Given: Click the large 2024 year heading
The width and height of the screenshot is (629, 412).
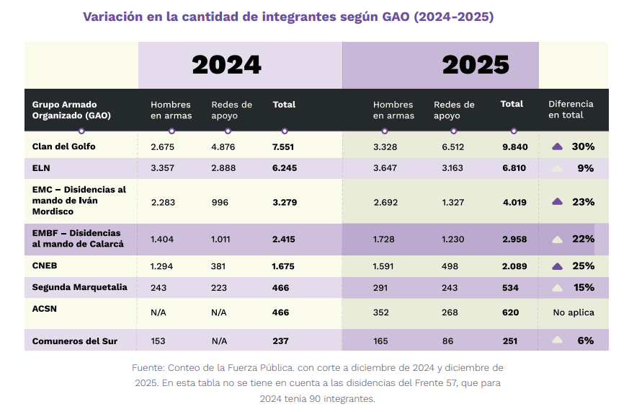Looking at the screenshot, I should click(x=226, y=65).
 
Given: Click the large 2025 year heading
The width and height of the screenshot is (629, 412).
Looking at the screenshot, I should click(x=476, y=65).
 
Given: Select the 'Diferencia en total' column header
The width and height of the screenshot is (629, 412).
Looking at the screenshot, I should click(x=571, y=110).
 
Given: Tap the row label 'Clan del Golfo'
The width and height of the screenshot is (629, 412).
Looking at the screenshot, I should click(x=63, y=146).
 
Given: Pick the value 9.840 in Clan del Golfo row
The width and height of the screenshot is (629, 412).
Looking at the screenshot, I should click(x=515, y=146).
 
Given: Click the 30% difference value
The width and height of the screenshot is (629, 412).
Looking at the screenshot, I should click(x=583, y=146).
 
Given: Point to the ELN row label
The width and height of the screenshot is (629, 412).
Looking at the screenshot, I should click(x=43, y=168).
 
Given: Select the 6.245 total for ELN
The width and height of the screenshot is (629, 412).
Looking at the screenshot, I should click(x=285, y=168).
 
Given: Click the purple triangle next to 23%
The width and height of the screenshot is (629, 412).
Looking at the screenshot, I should click(x=557, y=202).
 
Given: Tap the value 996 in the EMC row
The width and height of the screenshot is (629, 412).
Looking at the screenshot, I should click(x=220, y=202).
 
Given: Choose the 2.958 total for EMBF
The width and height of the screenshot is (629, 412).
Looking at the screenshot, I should click(x=515, y=239).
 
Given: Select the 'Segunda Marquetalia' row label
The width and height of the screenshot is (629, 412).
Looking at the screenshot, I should click(x=79, y=287).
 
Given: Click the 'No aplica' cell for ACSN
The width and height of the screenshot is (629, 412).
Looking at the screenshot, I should click(x=574, y=312).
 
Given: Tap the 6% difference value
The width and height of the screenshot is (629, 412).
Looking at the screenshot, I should click(x=585, y=341).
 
